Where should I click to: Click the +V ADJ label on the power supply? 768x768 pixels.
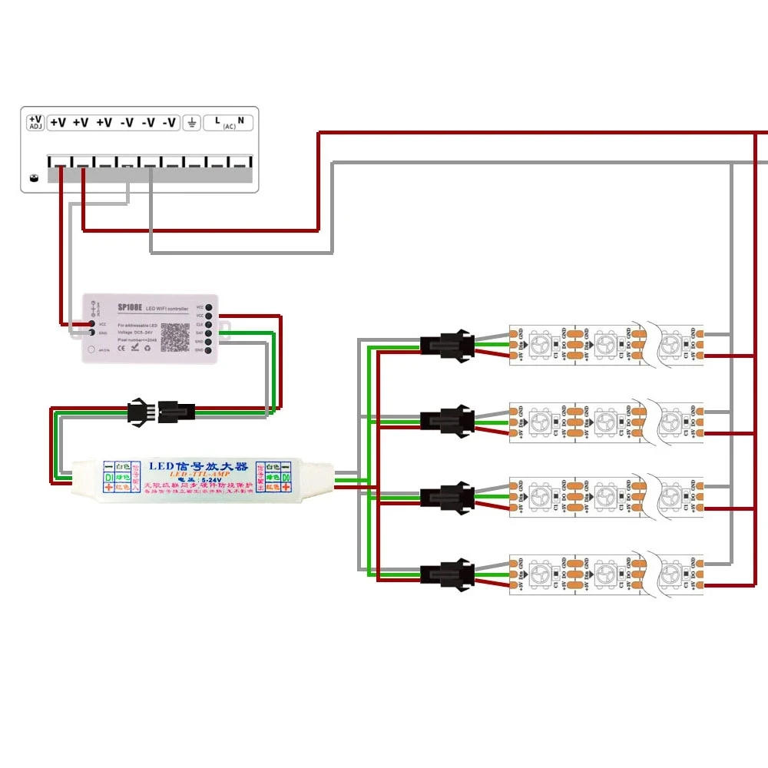tap(35, 122)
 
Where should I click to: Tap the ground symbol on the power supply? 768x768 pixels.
tap(191, 122)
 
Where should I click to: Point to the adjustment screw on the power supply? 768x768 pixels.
tap(33, 178)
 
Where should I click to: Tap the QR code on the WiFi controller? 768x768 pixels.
tap(174, 336)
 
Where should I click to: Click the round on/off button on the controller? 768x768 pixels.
tap(91, 349)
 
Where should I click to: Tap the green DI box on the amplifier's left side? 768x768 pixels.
tap(109, 477)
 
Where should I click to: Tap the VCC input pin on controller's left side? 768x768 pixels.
tap(92, 323)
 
